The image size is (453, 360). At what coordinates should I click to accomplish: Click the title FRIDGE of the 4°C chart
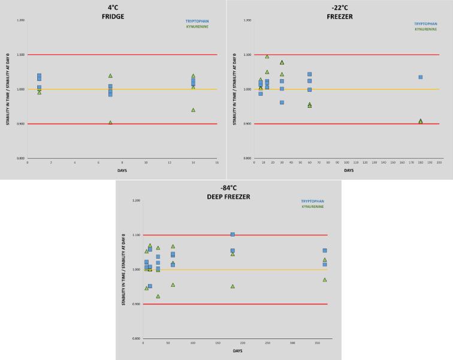pyautogui.click(x=113, y=17)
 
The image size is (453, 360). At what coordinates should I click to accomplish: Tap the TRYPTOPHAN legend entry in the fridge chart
pyautogui.click(x=197, y=22)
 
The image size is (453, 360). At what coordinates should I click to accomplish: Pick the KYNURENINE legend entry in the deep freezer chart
pyautogui.click(x=312, y=207)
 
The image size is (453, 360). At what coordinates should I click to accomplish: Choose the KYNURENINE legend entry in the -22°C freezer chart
pyautogui.click(x=425, y=29)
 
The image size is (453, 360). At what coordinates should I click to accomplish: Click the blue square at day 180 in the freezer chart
pyautogui.click(x=421, y=77)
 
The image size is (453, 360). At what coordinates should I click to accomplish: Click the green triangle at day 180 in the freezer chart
pyautogui.click(x=421, y=121)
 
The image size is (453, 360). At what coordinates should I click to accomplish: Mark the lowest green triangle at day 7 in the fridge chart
pyautogui.click(x=110, y=122)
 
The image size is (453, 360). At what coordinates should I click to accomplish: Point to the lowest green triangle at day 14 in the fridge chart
pyautogui.click(x=193, y=110)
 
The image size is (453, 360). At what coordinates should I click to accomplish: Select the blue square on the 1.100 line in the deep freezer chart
pyautogui.click(x=232, y=234)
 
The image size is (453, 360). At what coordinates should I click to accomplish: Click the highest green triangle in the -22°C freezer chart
pyautogui.click(x=267, y=56)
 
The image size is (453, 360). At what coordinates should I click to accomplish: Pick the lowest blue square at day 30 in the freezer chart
pyautogui.click(x=282, y=102)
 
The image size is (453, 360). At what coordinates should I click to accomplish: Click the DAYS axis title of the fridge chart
pyautogui.click(x=122, y=171)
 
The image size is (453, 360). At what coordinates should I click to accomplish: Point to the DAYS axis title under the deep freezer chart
pyautogui.click(x=237, y=351)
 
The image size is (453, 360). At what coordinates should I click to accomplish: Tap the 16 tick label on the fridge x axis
pyautogui.click(x=216, y=162)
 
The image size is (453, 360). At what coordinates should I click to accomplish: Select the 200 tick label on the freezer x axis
pyautogui.click(x=439, y=162)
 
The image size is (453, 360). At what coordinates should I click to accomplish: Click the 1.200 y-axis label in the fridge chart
pyautogui.click(x=21, y=20)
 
